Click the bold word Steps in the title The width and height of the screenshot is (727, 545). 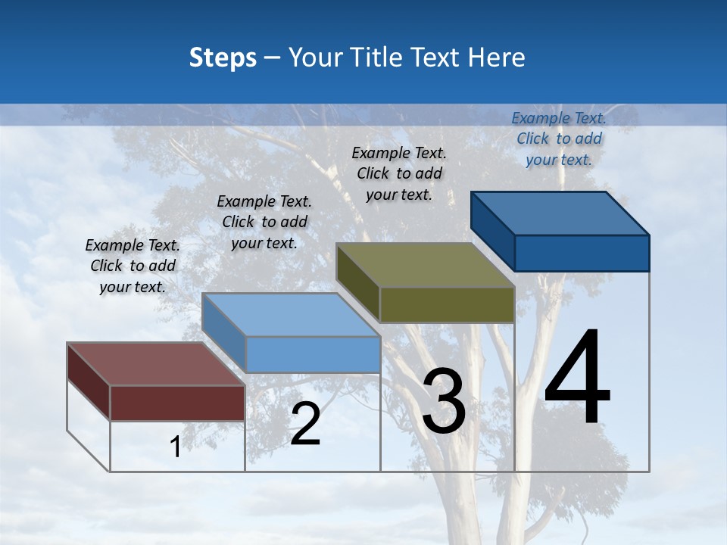pyautogui.click(x=223, y=58)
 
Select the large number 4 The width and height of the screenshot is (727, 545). pyautogui.click(x=577, y=378)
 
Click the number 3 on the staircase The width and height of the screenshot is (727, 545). pyautogui.click(x=444, y=401)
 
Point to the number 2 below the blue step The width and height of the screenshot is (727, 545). pyautogui.click(x=305, y=424)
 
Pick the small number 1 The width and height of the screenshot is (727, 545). pyautogui.click(x=175, y=447)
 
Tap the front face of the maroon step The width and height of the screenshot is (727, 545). pyautogui.click(x=177, y=403)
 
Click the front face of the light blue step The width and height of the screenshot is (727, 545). pyautogui.click(x=313, y=354)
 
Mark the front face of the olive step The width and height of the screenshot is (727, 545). pyautogui.click(x=447, y=305)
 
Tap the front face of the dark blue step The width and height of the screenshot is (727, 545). pyautogui.click(x=582, y=253)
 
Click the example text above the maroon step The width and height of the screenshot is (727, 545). pyautogui.click(x=133, y=266)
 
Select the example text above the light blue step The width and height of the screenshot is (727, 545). pyautogui.click(x=264, y=222)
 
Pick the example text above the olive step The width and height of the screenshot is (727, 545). pyautogui.click(x=399, y=173)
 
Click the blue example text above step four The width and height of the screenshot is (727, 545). pyautogui.click(x=559, y=139)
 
